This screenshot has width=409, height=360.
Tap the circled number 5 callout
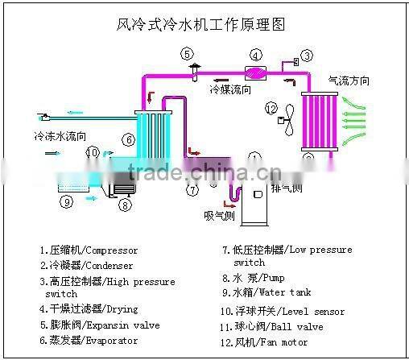coord(187,55)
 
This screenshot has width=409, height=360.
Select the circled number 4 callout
coord(255,56)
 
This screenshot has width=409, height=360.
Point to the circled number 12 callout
coord(271,109)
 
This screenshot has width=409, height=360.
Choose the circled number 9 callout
coord(67,201)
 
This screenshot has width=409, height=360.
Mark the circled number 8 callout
coord(125,205)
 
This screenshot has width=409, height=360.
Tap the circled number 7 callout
coord(192,191)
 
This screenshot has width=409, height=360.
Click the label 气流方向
coord(349,81)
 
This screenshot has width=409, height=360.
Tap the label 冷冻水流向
coord(60,136)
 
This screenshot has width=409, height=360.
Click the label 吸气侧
coord(217,216)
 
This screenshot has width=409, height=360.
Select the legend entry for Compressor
coord(89,250)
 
